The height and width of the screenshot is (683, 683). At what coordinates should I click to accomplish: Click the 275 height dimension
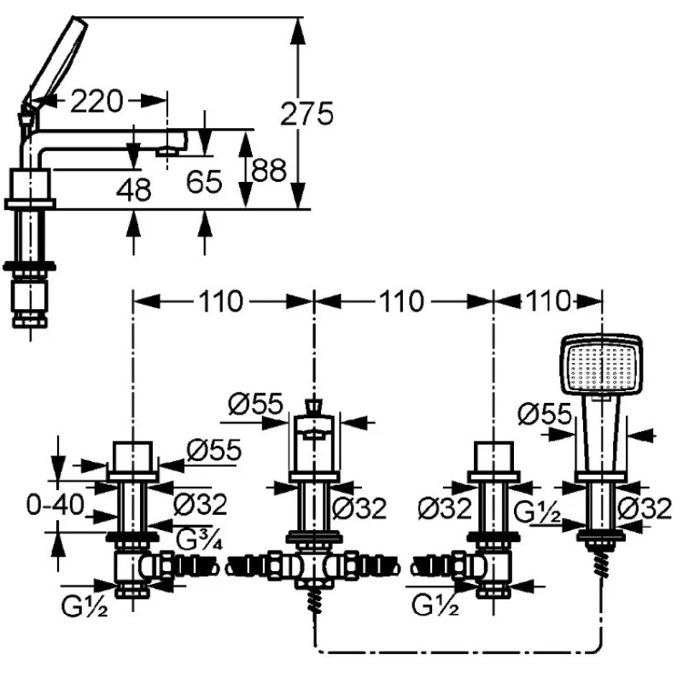(x=306, y=114)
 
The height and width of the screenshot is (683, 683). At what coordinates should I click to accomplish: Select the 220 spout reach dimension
(x=96, y=101)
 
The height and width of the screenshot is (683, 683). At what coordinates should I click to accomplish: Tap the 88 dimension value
(x=269, y=170)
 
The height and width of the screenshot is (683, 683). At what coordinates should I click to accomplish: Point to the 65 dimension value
(x=204, y=181)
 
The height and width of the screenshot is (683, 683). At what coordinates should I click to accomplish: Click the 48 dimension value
(x=134, y=190)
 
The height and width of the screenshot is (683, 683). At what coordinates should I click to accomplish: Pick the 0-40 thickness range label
(x=55, y=505)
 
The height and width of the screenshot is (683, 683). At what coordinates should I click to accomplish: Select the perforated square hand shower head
(x=602, y=365)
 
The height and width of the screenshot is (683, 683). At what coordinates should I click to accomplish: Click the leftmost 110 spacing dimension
(x=221, y=301)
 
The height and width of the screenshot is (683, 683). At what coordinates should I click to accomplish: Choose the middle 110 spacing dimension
(x=401, y=301)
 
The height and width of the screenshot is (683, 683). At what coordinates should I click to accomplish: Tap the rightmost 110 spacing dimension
(x=548, y=301)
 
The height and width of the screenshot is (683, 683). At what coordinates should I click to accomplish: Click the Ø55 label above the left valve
(x=214, y=450)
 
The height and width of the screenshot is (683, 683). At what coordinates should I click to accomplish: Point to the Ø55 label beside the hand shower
(x=545, y=413)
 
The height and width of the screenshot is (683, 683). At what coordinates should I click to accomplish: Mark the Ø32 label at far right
(x=645, y=508)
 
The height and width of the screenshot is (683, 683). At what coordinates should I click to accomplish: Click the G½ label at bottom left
(x=85, y=606)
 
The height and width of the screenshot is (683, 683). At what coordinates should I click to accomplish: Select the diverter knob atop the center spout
(x=313, y=407)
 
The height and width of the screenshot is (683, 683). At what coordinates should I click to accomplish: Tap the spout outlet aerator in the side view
(x=168, y=151)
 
